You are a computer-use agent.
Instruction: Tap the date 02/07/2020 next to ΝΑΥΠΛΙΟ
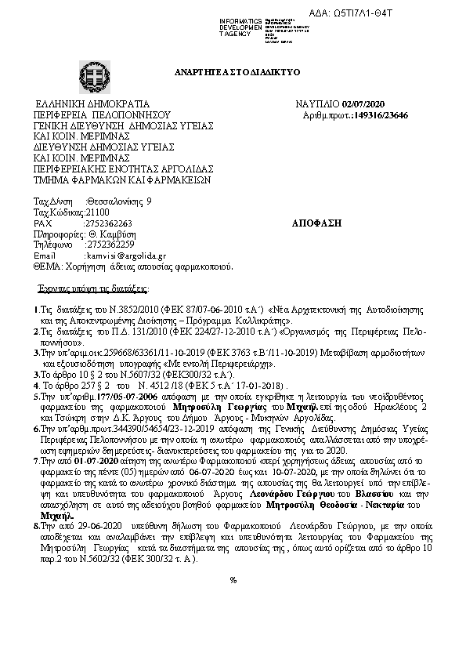[x=363, y=104]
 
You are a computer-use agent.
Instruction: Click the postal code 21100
[x=98, y=212]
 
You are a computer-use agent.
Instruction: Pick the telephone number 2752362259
[x=111, y=245]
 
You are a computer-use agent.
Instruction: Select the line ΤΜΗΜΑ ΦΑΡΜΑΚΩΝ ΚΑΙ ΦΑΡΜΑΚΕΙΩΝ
[x=122, y=179]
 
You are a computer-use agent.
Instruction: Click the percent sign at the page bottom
[x=233, y=602]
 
